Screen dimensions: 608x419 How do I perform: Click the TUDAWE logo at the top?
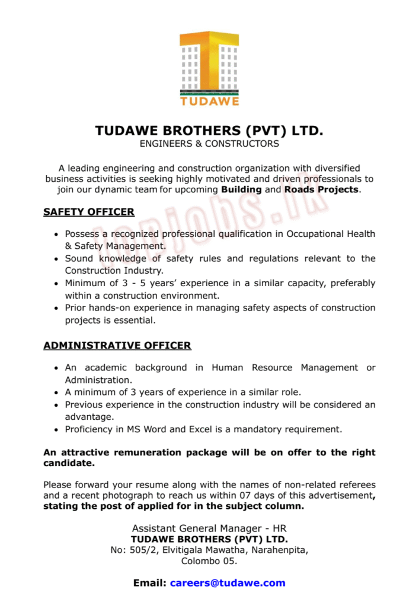click(x=209, y=68)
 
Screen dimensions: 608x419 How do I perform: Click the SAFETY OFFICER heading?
click(x=89, y=212)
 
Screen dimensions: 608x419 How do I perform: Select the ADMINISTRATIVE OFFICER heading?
click(x=117, y=346)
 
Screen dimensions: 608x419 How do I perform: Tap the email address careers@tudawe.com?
click(x=228, y=583)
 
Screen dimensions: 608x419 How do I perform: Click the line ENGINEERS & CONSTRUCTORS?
click(x=209, y=144)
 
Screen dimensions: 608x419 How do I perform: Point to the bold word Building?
click(x=241, y=190)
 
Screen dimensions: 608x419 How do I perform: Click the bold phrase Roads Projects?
click(x=321, y=190)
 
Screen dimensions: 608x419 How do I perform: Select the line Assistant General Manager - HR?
click(x=209, y=528)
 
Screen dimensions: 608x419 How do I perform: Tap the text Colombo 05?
click(x=209, y=561)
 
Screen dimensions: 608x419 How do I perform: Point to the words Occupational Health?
click(x=331, y=234)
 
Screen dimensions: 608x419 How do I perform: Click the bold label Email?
click(x=149, y=583)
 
